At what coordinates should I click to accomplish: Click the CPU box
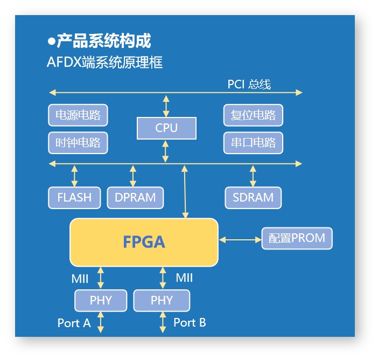(166, 128)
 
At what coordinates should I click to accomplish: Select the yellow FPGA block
(144, 243)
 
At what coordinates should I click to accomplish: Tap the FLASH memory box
(74, 198)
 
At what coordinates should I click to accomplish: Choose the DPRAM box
(135, 198)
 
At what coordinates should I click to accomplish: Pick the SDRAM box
(253, 198)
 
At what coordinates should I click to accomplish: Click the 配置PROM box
(297, 238)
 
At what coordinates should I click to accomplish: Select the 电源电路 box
(78, 115)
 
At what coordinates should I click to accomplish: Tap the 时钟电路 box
(78, 143)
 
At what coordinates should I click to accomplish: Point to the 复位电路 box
(253, 115)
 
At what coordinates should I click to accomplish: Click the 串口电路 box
(253, 143)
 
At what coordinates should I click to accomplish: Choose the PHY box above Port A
(101, 301)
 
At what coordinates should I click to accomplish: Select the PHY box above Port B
(162, 301)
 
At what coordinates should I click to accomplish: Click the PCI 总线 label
(249, 84)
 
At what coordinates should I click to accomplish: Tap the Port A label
(74, 323)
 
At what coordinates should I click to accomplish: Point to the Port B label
(190, 323)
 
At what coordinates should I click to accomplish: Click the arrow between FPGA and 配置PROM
(240, 240)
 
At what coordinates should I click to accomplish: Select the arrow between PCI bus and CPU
(166, 106)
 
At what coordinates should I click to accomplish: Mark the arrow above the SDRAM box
(253, 176)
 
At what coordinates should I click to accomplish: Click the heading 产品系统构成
(104, 41)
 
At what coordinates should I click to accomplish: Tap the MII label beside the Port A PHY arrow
(80, 279)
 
